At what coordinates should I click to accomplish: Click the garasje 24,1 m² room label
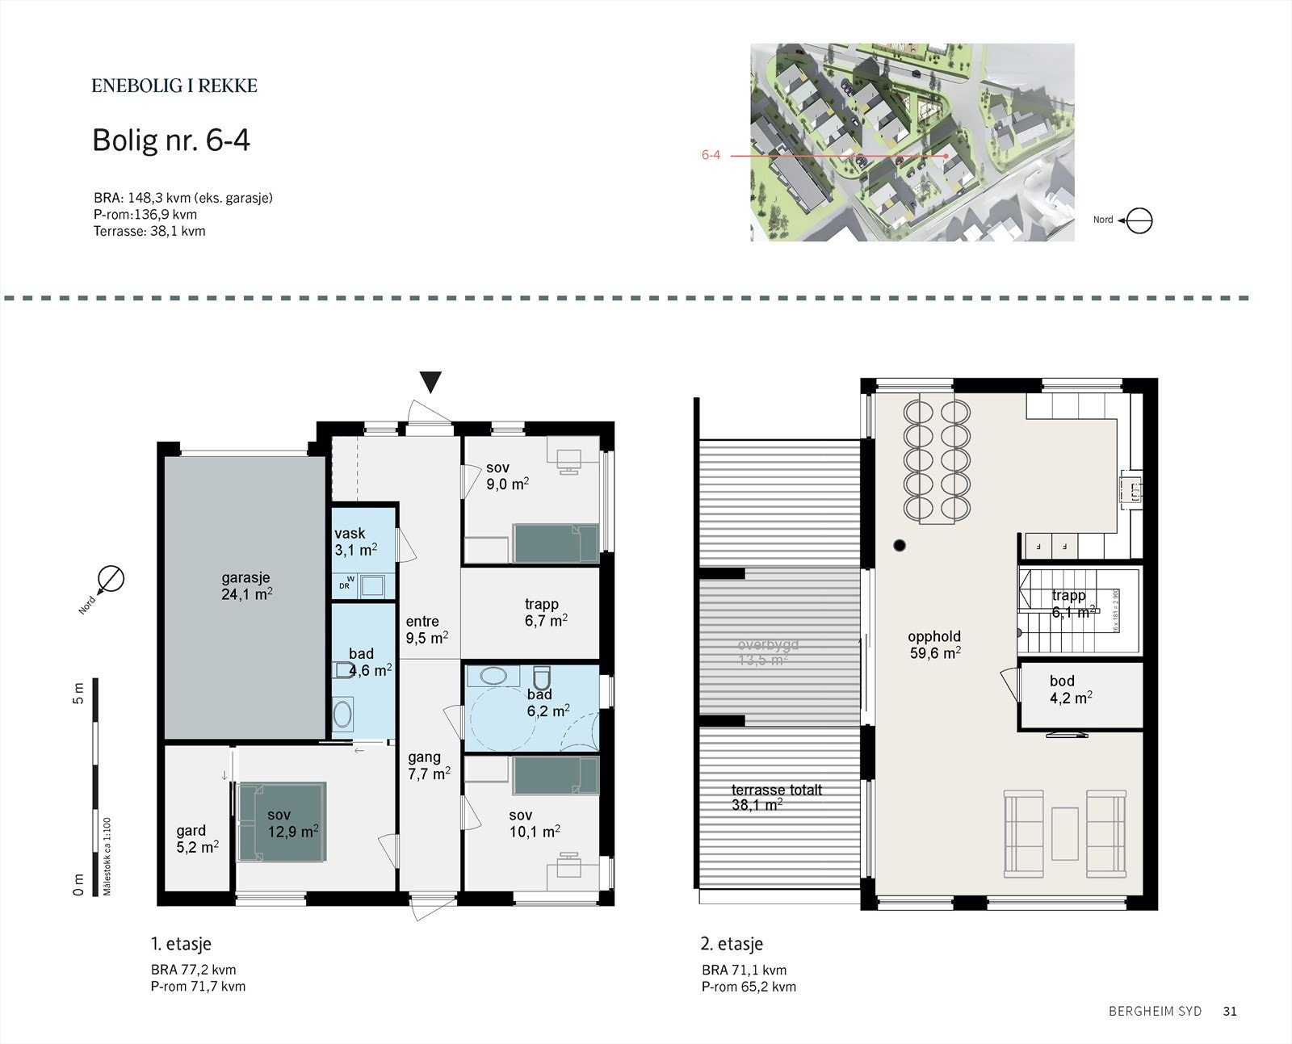click(x=246, y=586)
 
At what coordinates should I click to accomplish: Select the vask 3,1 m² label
click(x=355, y=542)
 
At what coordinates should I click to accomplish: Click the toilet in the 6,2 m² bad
click(x=541, y=675)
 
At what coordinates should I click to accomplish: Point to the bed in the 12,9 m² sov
click(x=282, y=822)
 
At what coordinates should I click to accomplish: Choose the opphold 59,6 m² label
click(x=934, y=644)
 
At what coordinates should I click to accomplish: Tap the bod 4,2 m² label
click(x=1071, y=689)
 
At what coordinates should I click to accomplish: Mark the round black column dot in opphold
click(x=900, y=546)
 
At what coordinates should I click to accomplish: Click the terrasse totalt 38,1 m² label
click(x=777, y=797)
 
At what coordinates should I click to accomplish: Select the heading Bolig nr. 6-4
click(x=171, y=140)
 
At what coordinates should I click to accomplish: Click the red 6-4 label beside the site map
click(x=711, y=155)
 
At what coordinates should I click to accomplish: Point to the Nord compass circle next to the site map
click(x=1139, y=220)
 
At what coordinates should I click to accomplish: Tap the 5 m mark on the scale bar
click(x=78, y=693)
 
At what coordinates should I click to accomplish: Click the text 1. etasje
click(x=181, y=943)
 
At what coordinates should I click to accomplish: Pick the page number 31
click(x=1230, y=1011)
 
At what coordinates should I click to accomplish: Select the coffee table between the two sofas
click(x=1064, y=833)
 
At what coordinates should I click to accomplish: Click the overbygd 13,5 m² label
click(x=768, y=652)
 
